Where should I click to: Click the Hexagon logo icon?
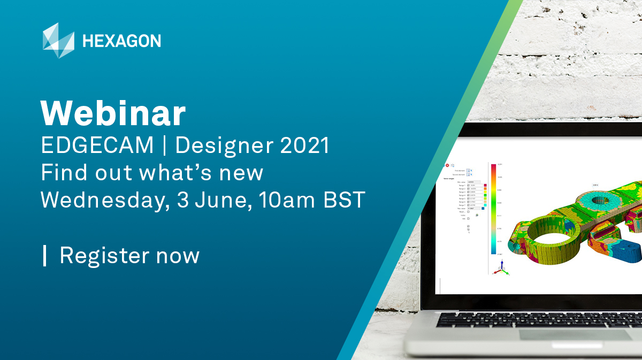(x=58, y=41)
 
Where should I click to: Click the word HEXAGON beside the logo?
(x=121, y=41)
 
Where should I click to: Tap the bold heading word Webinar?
(x=113, y=113)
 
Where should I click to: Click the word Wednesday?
(x=100, y=200)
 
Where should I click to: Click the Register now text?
(x=129, y=256)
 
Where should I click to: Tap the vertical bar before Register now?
(x=45, y=256)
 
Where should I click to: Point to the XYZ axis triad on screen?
(x=500, y=270)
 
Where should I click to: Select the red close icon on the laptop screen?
(x=447, y=166)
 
